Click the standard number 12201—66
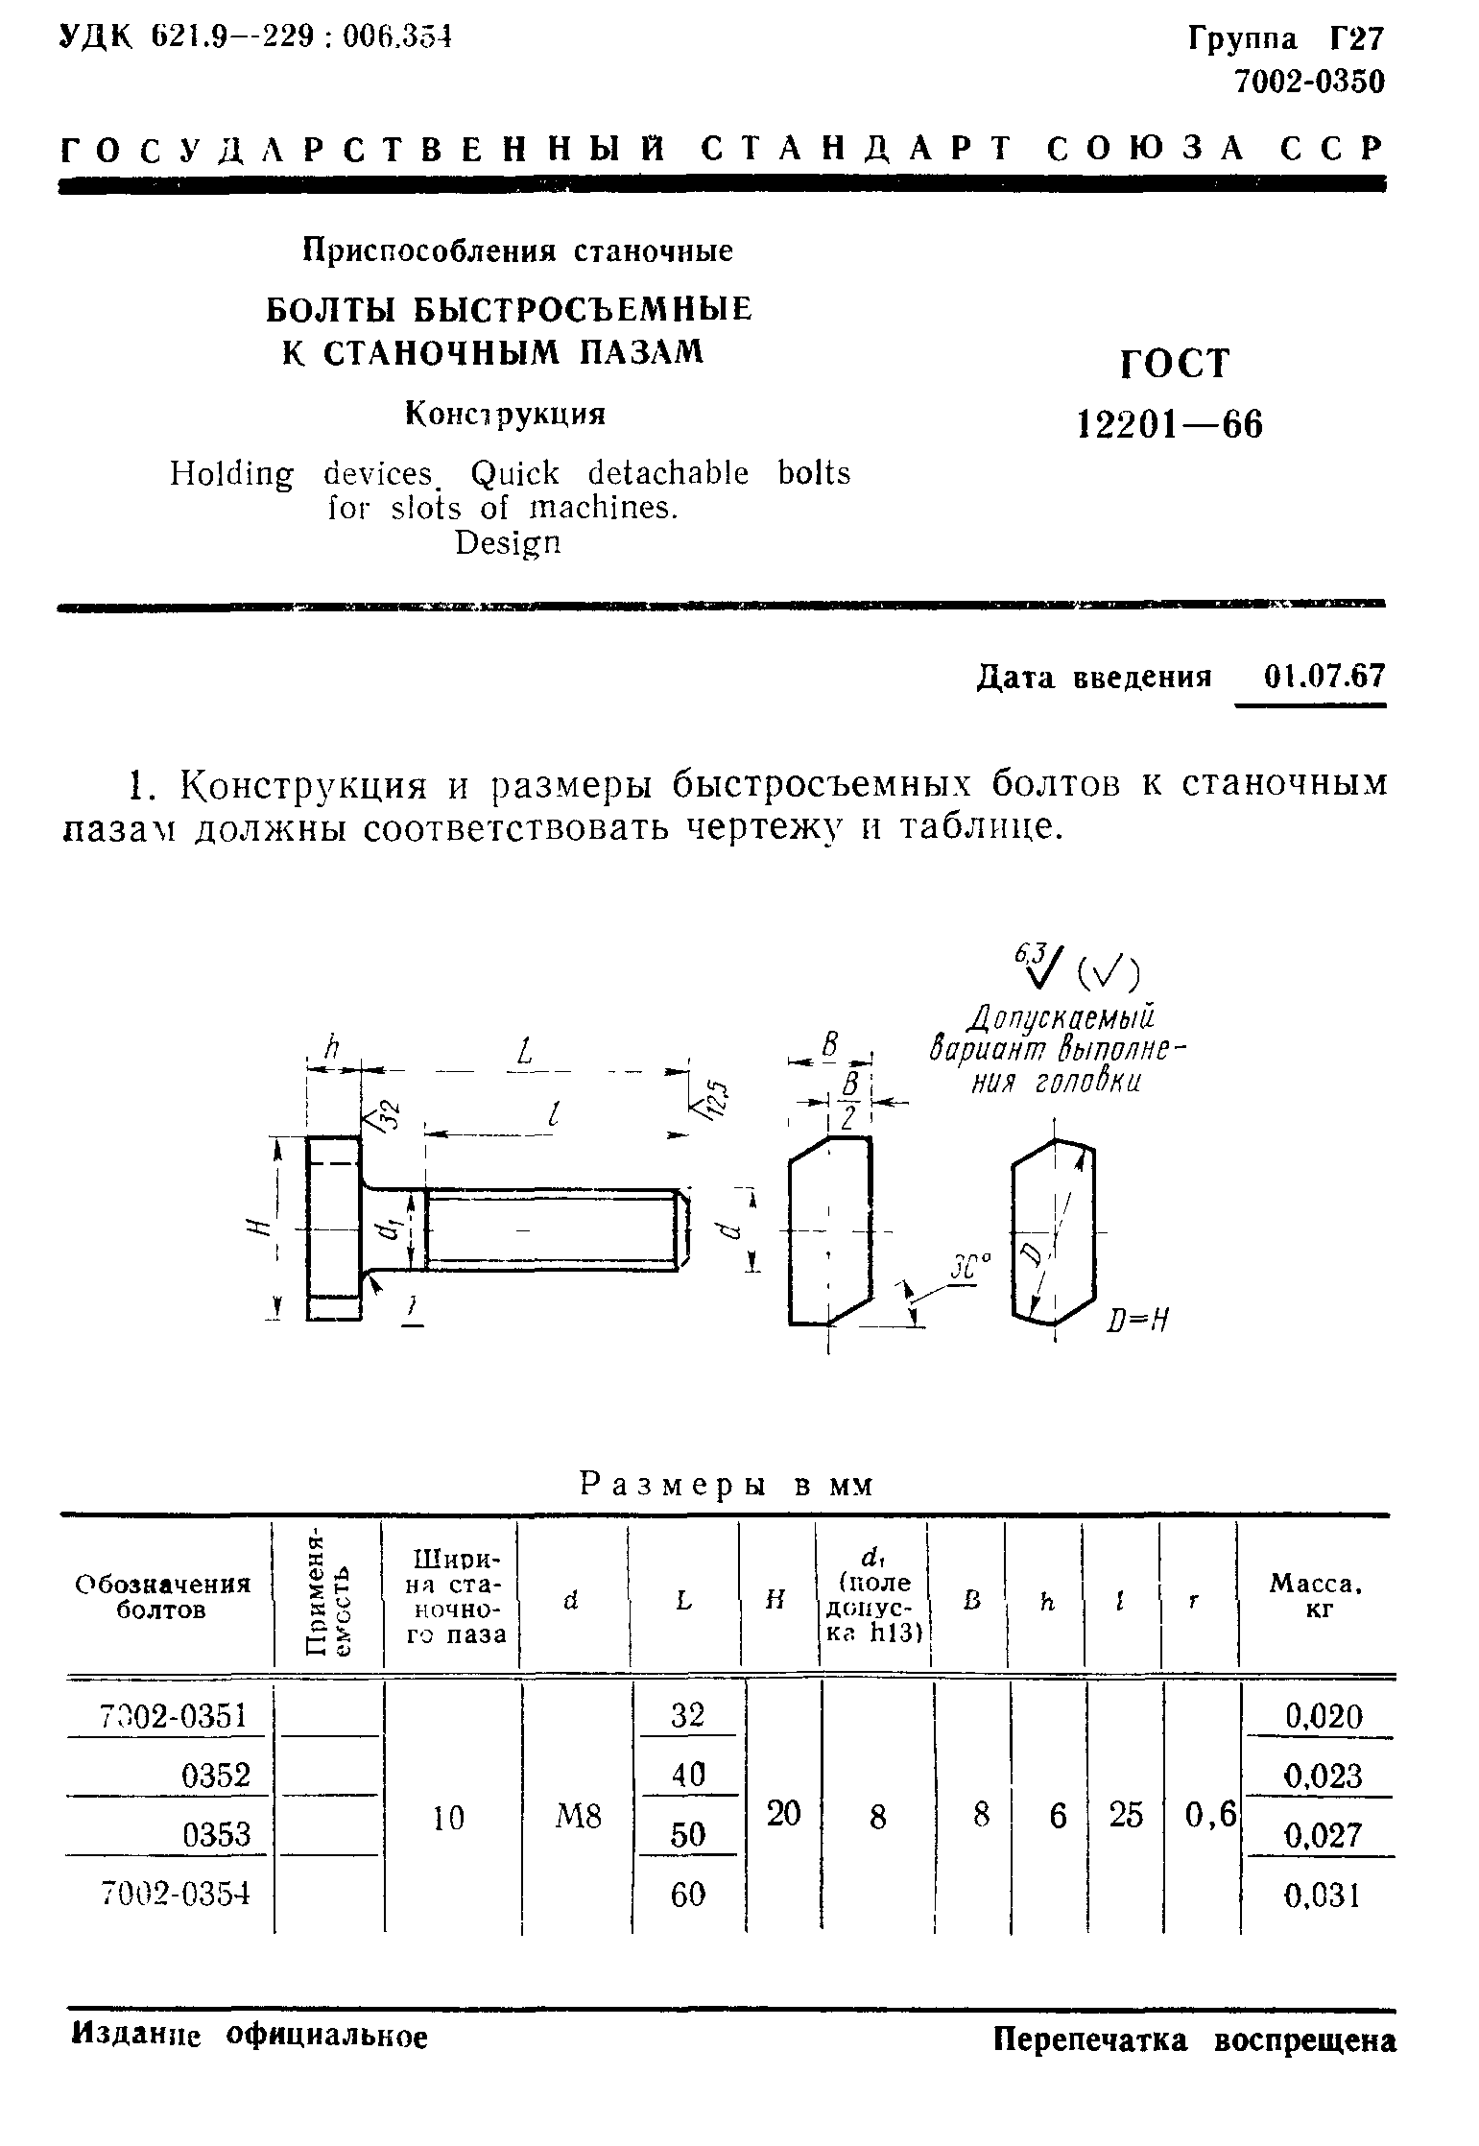[1171, 424]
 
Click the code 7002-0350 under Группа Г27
[1309, 83]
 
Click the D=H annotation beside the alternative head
[1138, 1320]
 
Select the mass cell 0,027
[1322, 1835]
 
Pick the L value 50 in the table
[687, 1834]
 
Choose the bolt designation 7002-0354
[176, 1894]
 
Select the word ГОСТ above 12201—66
[1174, 364]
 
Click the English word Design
[508, 543]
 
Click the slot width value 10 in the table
[448, 1816]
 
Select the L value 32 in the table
[687, 1714]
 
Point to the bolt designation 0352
[215, 1776]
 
